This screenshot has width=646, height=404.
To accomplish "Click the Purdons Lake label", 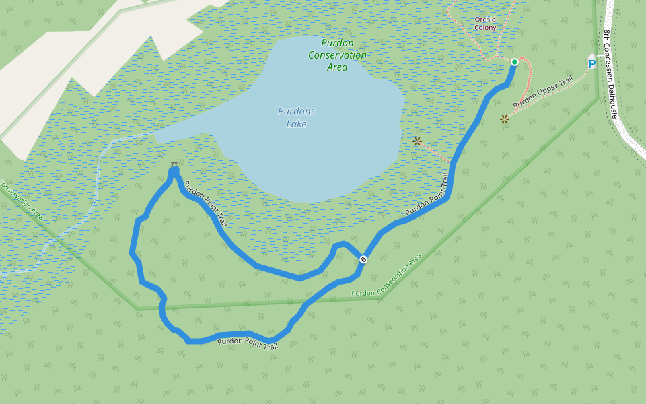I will pos(296,117).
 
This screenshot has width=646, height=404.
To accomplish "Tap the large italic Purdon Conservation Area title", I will pos(338,55).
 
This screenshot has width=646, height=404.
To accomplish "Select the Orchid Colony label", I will pos(485,24).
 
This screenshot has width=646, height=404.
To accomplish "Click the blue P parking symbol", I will pos(592,64).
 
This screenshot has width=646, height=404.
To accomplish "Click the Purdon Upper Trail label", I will pos(543,93).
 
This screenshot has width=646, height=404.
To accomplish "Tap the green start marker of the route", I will pos(515,62).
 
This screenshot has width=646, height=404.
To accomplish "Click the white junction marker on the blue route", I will pos(363,259).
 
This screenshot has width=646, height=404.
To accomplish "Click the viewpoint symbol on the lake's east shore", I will pos(417,141).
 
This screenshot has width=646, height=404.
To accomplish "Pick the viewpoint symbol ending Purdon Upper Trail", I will pos(505,119).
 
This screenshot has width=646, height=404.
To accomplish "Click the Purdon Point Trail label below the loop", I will pos(248,344).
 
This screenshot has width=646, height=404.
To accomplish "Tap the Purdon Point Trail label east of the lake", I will pos(427,196).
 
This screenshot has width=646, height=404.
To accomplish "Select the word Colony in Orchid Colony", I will pos(485,28).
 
